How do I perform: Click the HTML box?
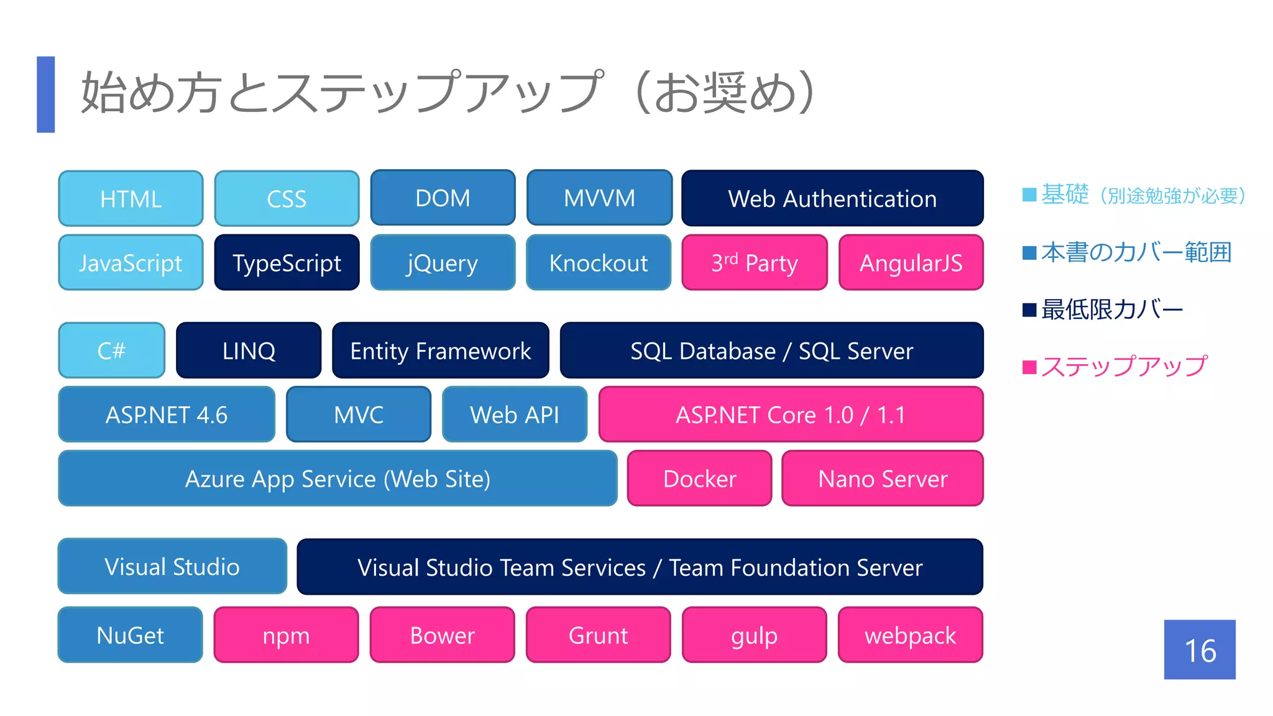(131, 199)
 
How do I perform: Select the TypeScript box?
(287, 263)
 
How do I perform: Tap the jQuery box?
(443, 263)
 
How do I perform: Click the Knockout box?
(599, 263)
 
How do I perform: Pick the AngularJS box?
(911, 263)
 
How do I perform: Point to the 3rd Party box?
(755, 263)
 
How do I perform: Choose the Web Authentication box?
(832, 199)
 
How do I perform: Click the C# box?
(112, 351)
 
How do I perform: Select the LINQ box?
(249, 351)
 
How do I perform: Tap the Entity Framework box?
(440, 351)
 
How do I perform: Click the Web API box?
(515, 415)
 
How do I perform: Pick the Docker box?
(699, 479)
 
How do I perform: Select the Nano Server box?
(883, 479)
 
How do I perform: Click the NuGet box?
(131, 635)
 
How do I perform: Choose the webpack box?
(910, 635)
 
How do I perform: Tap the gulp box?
(754, 635)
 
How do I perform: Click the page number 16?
(1200, 650)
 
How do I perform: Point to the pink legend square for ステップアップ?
(1029, 367)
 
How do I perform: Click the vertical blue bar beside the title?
(46, 94)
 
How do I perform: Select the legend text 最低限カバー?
(1112, 310)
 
